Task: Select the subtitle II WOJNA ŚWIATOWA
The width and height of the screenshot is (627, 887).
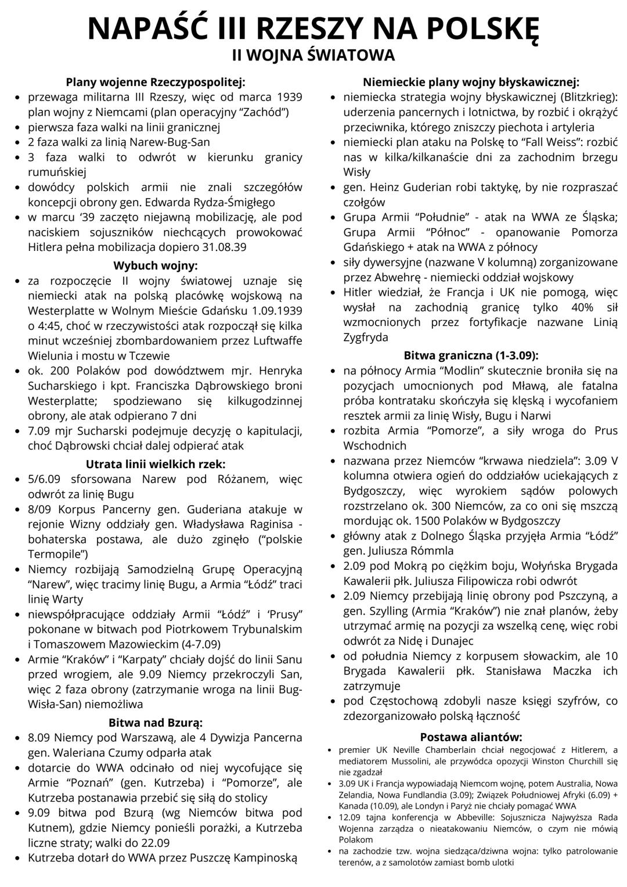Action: pos(313,55)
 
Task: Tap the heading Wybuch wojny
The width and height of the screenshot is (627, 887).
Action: pos(156,266)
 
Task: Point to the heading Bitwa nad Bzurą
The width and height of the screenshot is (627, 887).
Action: pos(156,723)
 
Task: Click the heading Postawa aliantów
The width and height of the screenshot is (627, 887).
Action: pos(471,737)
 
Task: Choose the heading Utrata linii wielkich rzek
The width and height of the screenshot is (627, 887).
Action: pos(156,464)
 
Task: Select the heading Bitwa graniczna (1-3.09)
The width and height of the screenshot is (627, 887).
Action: pos(471,355)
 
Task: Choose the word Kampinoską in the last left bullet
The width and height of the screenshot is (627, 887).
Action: pos(262,857)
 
